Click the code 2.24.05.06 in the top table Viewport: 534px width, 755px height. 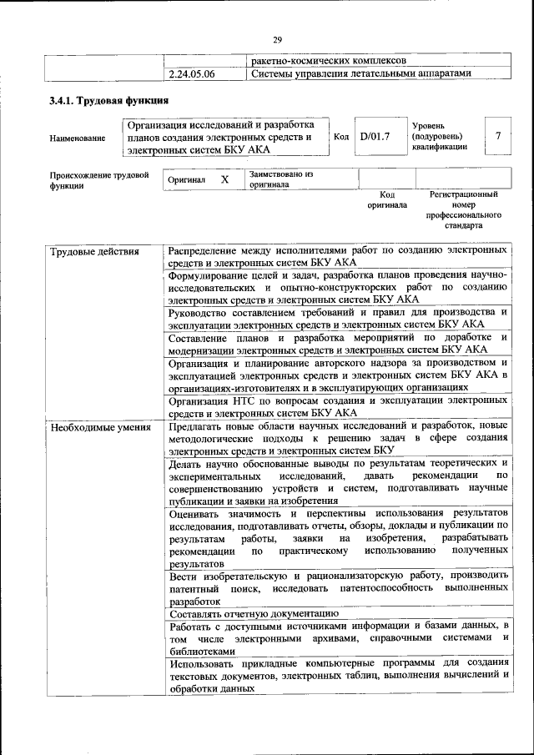pos(192,73)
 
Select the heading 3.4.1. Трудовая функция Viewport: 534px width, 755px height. pos(103,102)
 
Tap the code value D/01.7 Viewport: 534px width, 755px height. pos(375,136)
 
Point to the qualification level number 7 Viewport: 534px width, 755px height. pos(498,136)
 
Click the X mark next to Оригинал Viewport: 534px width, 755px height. pos(224,179)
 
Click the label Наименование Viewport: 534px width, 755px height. pos(78,138)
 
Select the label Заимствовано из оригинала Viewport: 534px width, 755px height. pos(280,179)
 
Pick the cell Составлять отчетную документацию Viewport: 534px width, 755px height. pos(254,613)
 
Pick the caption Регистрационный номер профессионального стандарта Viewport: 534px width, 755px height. pos(463,209)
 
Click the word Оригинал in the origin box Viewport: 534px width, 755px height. pos(187,179)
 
